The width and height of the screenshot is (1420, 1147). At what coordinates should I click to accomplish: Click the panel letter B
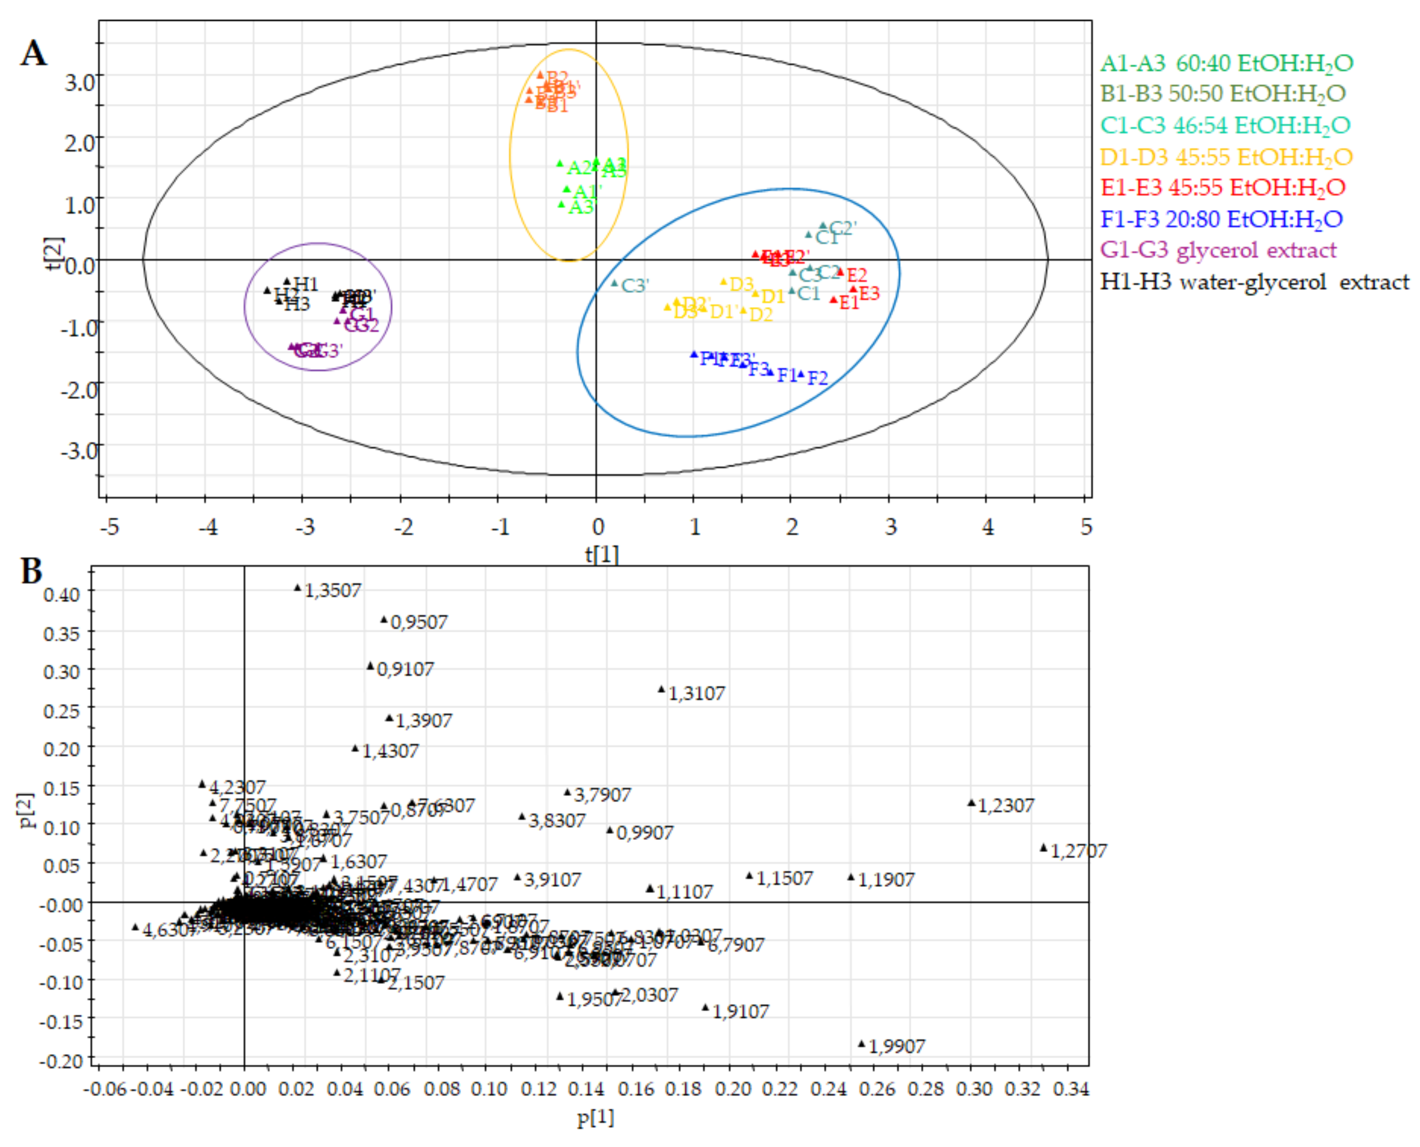pos(31,571)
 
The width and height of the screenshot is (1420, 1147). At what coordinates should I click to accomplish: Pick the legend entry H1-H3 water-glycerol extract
pos(1254,282)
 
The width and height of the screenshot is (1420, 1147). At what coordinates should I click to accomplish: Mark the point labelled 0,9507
pos(384,620)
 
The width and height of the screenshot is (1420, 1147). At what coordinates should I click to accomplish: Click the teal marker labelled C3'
pos(615,283)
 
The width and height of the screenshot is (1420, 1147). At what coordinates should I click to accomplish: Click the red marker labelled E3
pos(853,289)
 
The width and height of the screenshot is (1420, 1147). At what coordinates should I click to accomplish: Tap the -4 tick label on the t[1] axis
pos(208,527)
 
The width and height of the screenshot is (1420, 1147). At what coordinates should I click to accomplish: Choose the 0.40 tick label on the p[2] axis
pos(61,594)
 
